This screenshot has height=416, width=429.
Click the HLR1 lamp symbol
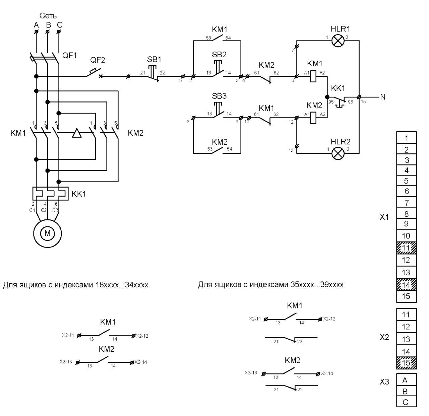click(x=338, y=41)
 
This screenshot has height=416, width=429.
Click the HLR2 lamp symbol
click(x=338, y=153)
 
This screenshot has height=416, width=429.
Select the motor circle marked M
click(x=47, y=233)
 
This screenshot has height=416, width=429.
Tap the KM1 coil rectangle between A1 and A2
click(x=313, y=76)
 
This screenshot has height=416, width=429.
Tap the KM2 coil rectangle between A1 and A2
click(x=313, y=118)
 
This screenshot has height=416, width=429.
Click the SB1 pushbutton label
click(x=154, y=59)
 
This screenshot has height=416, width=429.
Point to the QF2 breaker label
click(x=98, y=60)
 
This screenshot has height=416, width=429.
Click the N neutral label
click(x=383, y=97)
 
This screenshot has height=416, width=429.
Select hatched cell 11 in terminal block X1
click(x=406, y=248)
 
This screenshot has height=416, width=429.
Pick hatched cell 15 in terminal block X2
click(x=406, y=363)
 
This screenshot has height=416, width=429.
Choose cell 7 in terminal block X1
click(x=406, y=202)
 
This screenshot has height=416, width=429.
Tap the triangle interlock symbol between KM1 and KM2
click(x=77, y=133)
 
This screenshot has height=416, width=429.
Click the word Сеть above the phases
click(x=48, y=16)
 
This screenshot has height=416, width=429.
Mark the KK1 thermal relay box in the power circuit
click(x=51, y=194)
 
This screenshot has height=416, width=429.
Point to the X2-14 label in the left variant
click(x=141, y=362)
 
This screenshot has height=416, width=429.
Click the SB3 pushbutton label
click(x=219, y=96)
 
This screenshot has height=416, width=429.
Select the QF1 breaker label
click(x=69, y=55)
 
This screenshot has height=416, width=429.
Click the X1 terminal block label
click(x=384, y=217)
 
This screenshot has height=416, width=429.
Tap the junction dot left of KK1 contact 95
click(x=327, y=97)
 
